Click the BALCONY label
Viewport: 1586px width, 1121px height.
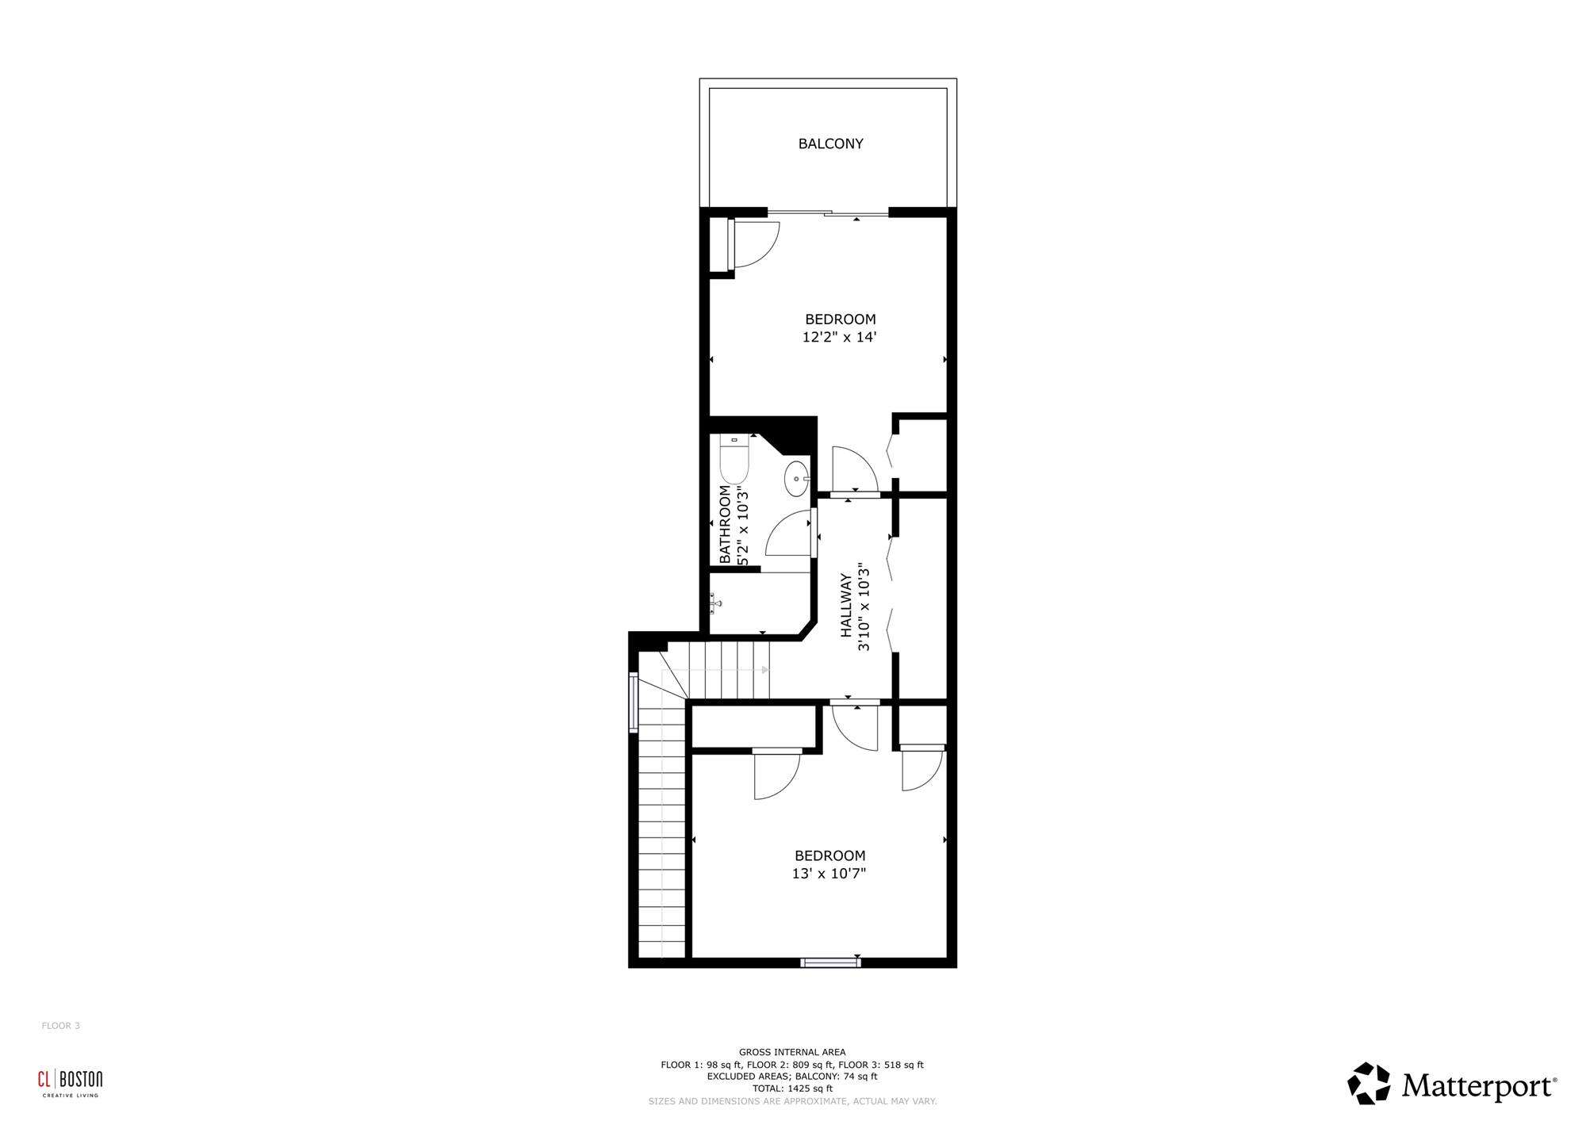[830, 143]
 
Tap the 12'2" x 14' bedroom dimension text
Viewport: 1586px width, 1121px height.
[839, 337]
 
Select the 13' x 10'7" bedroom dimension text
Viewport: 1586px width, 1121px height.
[829, 874]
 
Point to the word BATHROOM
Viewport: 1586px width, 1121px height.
[725, 524]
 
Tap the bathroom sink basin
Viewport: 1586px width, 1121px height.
[796, 479]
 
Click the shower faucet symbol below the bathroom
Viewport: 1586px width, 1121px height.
[715, 603]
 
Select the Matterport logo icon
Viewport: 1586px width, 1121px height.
[1369, 1084]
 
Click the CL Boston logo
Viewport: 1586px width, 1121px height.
[71, 1084]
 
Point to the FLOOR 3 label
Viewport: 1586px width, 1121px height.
[61, 1026]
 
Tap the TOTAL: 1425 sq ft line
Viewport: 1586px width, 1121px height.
[792, 1088]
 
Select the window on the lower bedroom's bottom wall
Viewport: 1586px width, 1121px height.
[830, 963]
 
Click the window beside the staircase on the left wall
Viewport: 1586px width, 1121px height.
[634, 702]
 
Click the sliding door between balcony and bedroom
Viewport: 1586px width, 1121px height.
[828, 212]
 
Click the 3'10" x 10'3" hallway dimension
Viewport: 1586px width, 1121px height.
[864, 607]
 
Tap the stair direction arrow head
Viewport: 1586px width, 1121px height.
[765, 670]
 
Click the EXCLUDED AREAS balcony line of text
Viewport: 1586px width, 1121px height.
[792, 1077]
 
